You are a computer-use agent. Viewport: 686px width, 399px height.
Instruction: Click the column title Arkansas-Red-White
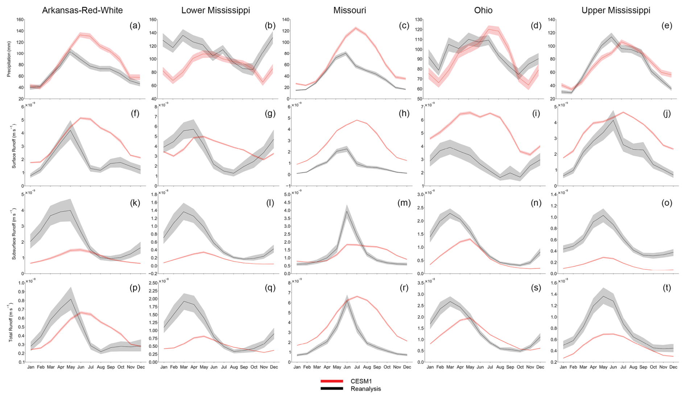coord(82,10)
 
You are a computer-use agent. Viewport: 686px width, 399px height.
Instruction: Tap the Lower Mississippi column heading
coord(215,10)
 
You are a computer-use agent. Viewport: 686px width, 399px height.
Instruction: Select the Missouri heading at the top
coord(350,10)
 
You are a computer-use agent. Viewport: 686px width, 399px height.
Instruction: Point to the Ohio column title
coord(483,10)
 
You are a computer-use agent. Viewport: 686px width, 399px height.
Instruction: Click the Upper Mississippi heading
coord(616,10)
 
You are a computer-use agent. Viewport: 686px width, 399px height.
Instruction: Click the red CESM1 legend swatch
coord(331,381)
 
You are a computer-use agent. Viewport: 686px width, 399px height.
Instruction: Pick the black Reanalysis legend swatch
coord(331,389)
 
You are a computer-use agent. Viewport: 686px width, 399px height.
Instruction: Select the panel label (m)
coord(404,203)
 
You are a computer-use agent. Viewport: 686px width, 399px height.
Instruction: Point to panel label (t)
coord(667,288)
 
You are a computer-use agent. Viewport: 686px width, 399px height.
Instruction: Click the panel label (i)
coord(536,114)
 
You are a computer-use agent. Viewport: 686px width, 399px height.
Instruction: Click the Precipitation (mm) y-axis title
coord(9,58)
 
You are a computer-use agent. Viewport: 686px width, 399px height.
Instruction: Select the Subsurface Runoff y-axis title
coord(14,234)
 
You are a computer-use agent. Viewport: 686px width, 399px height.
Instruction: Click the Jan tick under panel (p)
coord(30,367)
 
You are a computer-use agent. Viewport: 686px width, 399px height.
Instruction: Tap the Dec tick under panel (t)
coord(673,367)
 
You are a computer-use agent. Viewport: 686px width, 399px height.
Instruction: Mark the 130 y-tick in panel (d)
coord(419,20)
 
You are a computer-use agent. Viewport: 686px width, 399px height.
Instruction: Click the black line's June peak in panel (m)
coord(347,211)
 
